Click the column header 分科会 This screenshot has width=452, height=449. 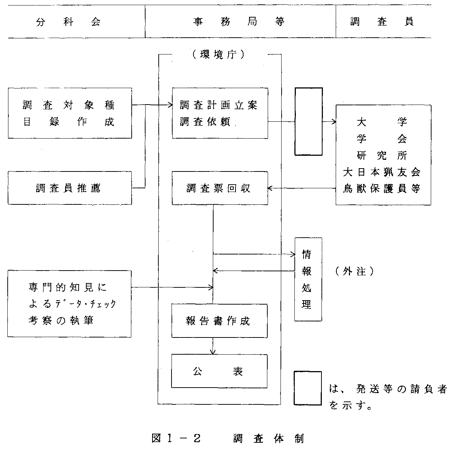point(68,22)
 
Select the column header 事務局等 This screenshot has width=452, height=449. point(239,22)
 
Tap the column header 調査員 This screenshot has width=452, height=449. point(382,22)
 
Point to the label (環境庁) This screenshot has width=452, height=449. point(219,54)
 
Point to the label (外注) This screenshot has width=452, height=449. point(355,271)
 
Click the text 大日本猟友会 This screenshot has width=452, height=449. point(382,172)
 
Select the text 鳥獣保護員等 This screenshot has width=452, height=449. point(382,188)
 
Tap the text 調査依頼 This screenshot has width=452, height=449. point(205,122)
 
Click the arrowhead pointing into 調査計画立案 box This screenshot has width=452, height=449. point(170,105)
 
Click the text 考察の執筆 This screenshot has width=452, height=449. point(61,320)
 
